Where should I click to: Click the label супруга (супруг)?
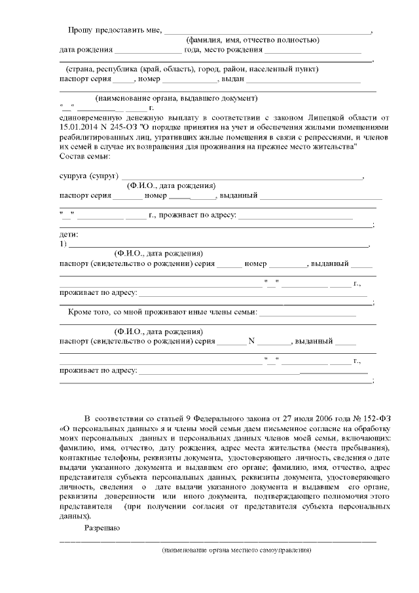click(88, 176)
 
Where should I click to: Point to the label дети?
click(69, 235)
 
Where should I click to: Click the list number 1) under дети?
click(63, 244)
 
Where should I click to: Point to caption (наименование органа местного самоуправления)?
click(236, 550)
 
